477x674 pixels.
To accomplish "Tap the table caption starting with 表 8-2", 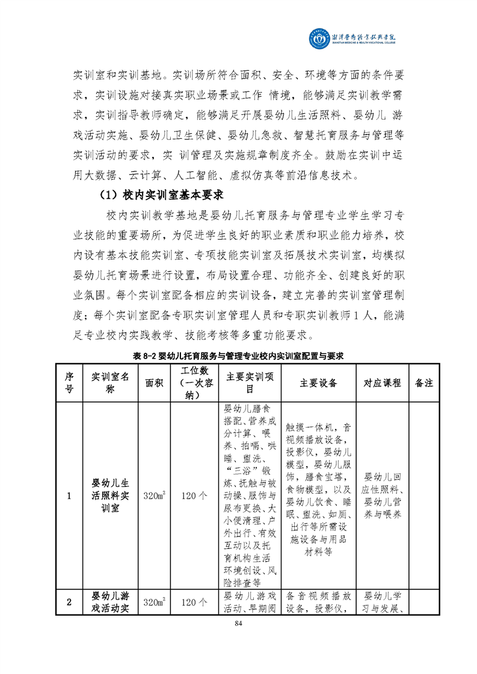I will pos(238,356).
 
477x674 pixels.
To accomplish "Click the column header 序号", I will pos(69,383).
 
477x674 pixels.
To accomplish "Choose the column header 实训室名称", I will pos(110,383).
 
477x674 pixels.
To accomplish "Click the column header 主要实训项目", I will pos(249,383).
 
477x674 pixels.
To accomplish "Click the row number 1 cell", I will pos(69,496).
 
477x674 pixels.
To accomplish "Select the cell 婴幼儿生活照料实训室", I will pos(110,496).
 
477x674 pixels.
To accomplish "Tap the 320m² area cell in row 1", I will pos(154,496).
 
